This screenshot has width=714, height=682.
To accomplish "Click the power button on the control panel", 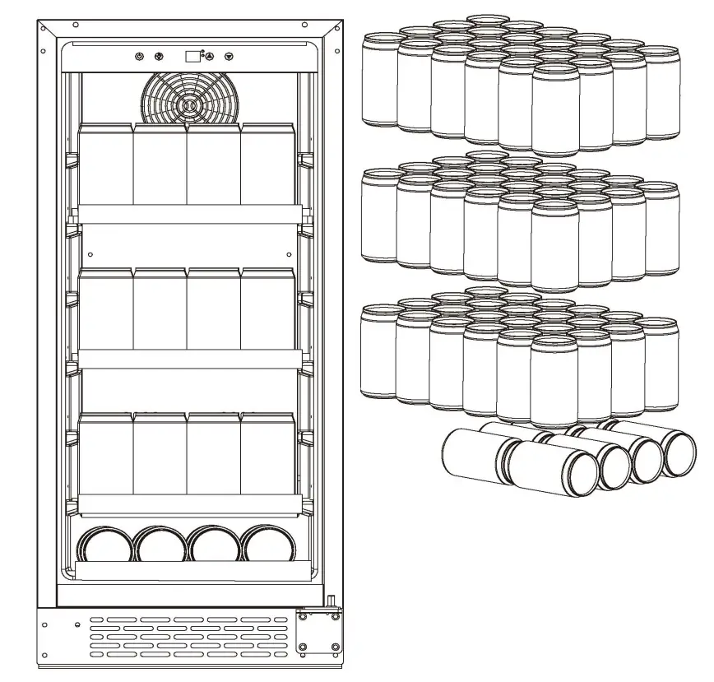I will (x=139, y=57).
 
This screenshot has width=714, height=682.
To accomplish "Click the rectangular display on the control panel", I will (x=192, y=56).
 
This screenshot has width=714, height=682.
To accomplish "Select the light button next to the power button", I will (x=159, y=57).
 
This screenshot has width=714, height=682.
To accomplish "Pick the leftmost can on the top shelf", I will (x=105, y=165).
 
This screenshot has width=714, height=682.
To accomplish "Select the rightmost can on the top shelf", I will (x=268, y=165).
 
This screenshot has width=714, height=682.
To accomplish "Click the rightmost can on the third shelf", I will (x=268, y=454).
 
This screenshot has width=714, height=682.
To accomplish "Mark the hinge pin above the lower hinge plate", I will (x=331, y=603).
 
